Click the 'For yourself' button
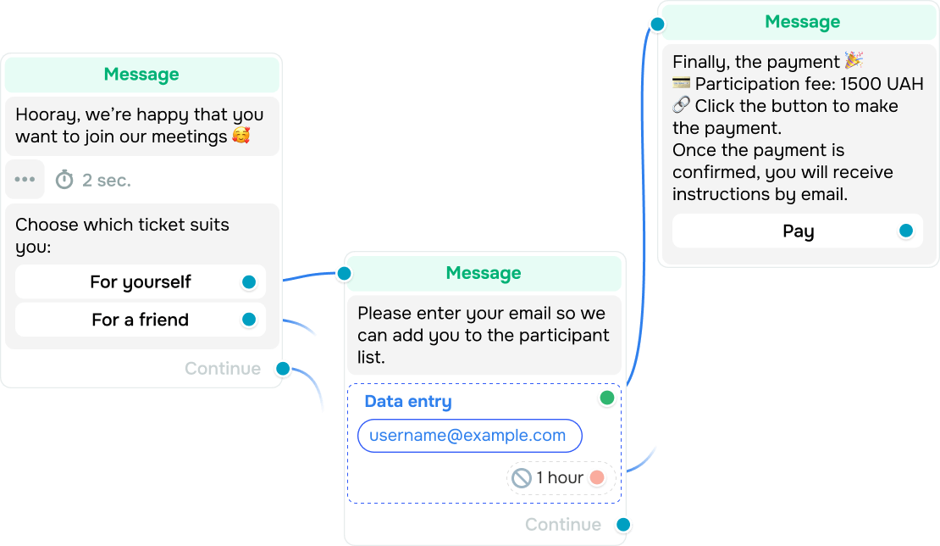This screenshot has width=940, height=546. pos(141,282)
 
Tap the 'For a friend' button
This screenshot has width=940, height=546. pos(141,320)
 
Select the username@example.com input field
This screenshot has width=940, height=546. pos(469,436)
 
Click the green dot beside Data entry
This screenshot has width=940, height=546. pos(606,398)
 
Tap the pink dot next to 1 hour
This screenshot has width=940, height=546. pos(597,477)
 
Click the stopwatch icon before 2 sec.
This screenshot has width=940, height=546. pos(64,180)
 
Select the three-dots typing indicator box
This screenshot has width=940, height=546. pos(25,180)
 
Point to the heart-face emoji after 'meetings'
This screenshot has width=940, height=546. pos(241,136)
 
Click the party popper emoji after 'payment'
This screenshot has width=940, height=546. pos(854,60)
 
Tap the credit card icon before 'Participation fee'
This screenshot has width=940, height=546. pos(681,83)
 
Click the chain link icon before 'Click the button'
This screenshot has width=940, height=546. pos(681,105)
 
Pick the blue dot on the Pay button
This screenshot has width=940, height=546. pos(906,231)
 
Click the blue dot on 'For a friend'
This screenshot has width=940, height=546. pos(249,320)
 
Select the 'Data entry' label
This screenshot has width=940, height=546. pos(408,401)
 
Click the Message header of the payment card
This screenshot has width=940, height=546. pos(802,22)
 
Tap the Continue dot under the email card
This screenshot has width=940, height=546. pos(623,525)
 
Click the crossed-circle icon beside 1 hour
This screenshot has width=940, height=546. pos(522,478)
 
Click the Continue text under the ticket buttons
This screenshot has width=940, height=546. pos(223,369)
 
